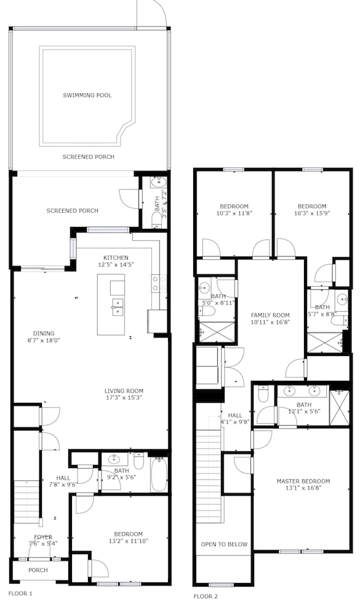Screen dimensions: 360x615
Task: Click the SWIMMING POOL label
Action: [x=87, y=95]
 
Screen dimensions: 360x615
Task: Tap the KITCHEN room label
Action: [x=116, y=258]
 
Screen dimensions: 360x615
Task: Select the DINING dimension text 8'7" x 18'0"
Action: [x=44, y=341]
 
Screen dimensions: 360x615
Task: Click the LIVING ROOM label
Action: [x=124, y=391]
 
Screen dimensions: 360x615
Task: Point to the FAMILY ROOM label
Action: [x=270, y=315]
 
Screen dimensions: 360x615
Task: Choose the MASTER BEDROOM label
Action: [x=303, y=482]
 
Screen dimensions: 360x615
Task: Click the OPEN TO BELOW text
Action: [x=224, y=544]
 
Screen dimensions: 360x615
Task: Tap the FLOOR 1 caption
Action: [x=20, y=593]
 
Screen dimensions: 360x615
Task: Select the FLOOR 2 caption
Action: [x=206, y=597]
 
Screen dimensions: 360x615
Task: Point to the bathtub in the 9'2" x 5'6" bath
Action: [x=159, y=474]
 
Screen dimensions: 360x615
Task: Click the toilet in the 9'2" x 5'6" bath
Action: [x=139, y=461]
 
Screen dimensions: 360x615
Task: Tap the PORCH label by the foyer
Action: [x=38, y=570]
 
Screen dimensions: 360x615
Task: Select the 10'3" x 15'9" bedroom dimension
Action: [x=312, y=213]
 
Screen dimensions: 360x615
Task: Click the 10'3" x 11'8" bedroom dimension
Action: [x=234, y=213]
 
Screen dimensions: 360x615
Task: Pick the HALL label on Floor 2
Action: [x=235, y=415]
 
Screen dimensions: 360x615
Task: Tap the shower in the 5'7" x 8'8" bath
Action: [x=324, y=343]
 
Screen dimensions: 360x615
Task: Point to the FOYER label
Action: [x=43, y=537]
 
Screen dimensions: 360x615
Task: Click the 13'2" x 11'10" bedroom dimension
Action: [x=129, y=541]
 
